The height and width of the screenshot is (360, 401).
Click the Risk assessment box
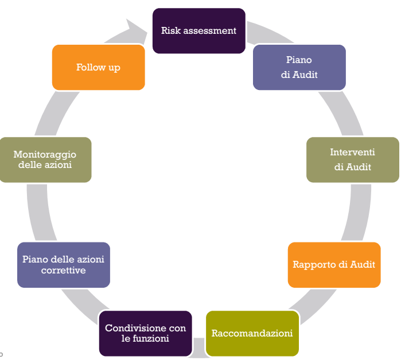[x=198, y=31]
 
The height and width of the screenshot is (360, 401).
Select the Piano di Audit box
[x=299, y=67]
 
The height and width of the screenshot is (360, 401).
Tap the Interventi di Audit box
[x=352, y=160]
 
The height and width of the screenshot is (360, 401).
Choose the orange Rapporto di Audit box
[x=334, y=265]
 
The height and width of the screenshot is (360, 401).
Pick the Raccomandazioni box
[x=252, y=333]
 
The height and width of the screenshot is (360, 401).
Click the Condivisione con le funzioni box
[x=145, y=333]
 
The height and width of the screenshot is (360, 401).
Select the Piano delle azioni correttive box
[x=63, y=265]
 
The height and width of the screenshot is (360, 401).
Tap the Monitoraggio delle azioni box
[x=45, y=160]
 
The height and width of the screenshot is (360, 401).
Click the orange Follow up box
[x=98, y=68]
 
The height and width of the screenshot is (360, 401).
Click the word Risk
[x=170, y=30]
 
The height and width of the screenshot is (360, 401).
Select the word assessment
[x=209, y=30]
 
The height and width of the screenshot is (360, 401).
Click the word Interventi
[x=352, y=152]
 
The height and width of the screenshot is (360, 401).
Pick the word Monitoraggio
[x=45, y=155]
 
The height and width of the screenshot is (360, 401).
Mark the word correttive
[x=63, y=270]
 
